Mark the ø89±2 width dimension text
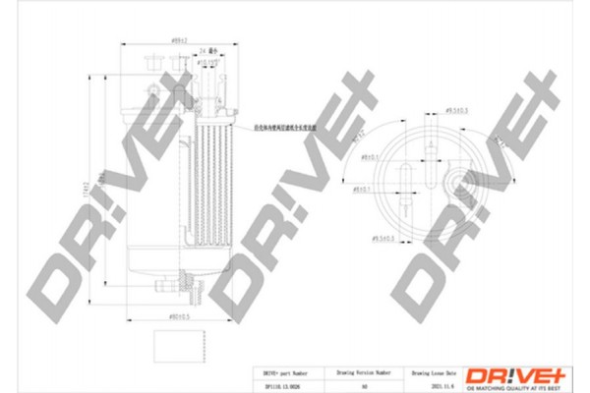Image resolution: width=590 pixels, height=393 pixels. (x=181, y=40)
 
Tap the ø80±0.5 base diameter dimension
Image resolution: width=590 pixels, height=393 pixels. (x=180, y=316)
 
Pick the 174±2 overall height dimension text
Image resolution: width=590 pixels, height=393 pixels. (x=87, y=192)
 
